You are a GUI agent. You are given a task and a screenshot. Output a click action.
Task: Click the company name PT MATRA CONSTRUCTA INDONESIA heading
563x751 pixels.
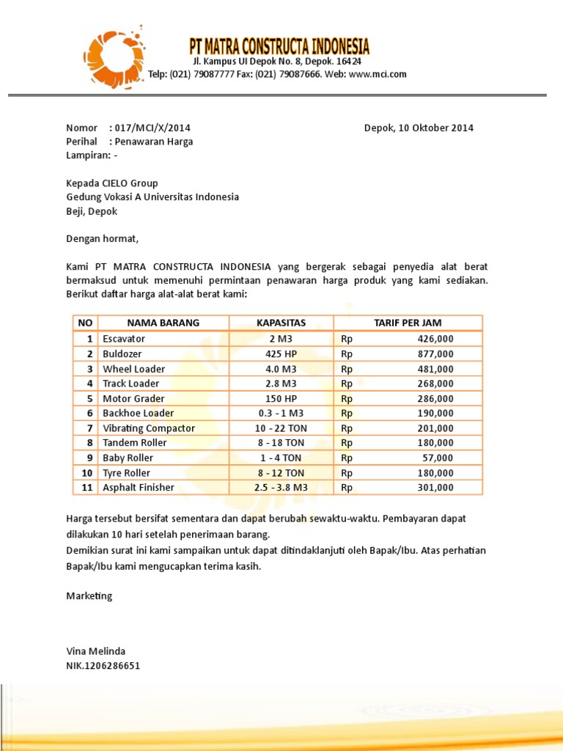click(279, 47)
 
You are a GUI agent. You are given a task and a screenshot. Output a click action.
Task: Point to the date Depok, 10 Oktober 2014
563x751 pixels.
click(419, 128)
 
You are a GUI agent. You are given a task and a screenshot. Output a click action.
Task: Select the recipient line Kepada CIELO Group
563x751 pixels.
click(112, 183)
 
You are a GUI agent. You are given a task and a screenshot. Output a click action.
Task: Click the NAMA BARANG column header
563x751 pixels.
click(163, 323)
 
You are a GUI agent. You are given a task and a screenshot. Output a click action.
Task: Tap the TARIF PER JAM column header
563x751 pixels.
click(408, 323)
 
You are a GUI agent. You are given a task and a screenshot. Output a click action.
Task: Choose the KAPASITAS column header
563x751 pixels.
click(281, 323)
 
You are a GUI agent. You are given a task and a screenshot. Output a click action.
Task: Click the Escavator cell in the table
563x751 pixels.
click(124, 339)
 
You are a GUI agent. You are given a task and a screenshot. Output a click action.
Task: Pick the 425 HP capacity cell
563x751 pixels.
click(281, 353)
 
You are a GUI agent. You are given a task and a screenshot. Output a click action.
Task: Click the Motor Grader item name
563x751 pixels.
click(133, 398)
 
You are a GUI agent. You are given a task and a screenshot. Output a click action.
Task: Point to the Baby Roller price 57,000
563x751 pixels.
click(439, 458)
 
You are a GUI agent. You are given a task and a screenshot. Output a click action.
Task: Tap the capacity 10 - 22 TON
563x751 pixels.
click(281, 428)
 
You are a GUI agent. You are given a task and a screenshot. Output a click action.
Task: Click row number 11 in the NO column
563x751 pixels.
click(87, 487)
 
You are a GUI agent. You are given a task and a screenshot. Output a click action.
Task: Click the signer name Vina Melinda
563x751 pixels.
click(96, 651)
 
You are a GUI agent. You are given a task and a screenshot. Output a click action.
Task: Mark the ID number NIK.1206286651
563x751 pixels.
click(103, 666)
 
